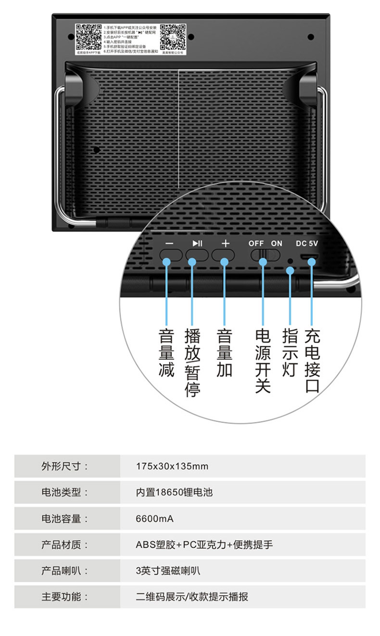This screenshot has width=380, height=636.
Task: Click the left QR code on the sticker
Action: pyautogui.click(x=89, y=37)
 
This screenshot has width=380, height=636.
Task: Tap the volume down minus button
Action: pyautogui.click(x=169, y=254)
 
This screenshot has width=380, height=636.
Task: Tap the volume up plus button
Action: pyautogui.click(x=226, y=254)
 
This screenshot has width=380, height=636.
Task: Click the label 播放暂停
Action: pyautogui.click(x=192, y=363)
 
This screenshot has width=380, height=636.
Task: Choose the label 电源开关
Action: pyautogui.click(x=263, y=361)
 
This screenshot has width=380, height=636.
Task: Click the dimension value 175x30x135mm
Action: pyautogui.click(x=172, y=466)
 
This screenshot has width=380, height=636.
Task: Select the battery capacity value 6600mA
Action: pyautogui.click(x=154, y=519)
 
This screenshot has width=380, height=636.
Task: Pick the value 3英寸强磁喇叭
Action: pyautogui.click(x=168, y=571)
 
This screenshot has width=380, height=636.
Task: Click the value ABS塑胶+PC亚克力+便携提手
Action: pyautogui.click(x=204, y=545)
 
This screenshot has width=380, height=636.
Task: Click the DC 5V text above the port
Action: pyautogui.click(x=307, y=243)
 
